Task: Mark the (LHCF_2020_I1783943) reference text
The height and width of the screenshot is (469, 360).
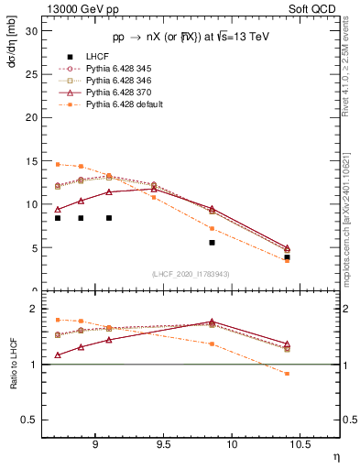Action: pos(191,273)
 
